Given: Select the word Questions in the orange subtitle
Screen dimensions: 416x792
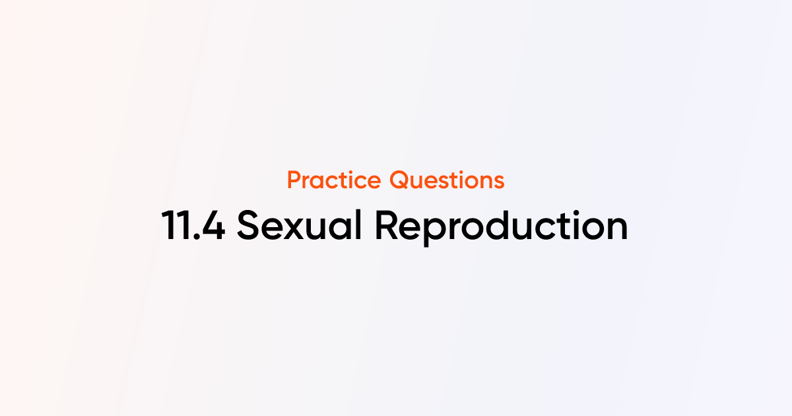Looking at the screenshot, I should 447,180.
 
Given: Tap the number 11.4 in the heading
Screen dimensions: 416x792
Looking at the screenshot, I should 193,226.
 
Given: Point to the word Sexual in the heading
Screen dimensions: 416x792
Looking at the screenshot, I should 300,226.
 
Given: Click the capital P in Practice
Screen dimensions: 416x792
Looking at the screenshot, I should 294,180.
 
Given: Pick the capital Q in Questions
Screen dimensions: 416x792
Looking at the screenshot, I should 400,180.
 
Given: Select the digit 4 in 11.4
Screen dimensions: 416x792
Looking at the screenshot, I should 213,226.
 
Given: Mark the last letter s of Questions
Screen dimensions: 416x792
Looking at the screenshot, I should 499,182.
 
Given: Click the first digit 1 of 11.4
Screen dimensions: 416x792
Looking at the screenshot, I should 168,226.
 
